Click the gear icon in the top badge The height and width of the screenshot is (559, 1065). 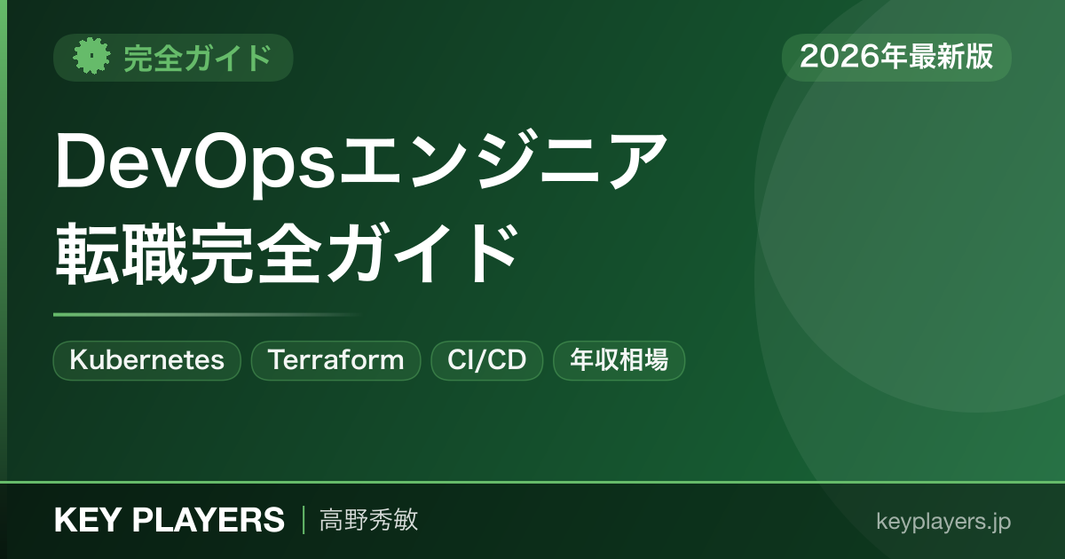point(91,56)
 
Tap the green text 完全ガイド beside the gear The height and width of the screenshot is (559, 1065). point(198,58)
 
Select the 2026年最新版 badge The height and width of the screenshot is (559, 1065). point(896,57)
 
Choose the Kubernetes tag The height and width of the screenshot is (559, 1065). point(147,360)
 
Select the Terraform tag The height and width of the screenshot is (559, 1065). point(335,360)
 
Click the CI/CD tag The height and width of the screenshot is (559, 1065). point(487,360)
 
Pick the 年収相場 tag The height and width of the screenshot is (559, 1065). point(619,360)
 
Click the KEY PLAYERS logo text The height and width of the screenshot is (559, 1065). point(170,520)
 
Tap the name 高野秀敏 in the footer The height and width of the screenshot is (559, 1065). point(369,520)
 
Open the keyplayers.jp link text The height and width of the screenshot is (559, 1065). point(943,522)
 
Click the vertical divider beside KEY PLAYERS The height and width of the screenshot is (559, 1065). point(304,520)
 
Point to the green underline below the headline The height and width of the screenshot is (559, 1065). point(206,314)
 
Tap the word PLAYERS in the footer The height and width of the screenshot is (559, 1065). point(209,520)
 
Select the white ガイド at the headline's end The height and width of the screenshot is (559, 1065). point(421,254)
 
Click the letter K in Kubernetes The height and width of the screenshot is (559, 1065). point(77,359)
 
